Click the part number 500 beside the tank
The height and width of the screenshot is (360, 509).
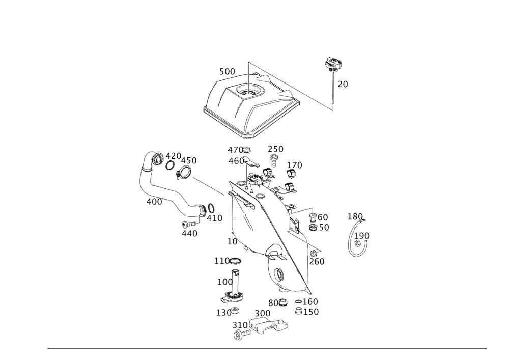(227, 72)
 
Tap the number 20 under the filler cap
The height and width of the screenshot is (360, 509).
(343, 85)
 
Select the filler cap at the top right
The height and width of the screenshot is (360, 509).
(333, 64)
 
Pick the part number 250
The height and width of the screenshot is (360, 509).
(275, 149)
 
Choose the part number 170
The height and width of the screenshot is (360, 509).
(294, 165)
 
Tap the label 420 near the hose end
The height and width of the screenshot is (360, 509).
(174, 156)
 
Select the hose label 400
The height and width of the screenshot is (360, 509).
(154, 202)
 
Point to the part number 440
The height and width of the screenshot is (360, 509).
(189, 233)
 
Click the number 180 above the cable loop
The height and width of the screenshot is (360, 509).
(355, 217)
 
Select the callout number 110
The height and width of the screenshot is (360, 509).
(223, 261)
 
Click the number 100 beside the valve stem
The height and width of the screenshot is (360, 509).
(224, 282)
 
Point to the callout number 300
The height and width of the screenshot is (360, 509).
(262, 313)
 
